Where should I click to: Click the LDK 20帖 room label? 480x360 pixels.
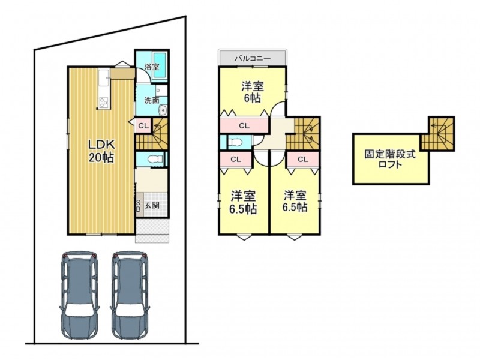(101, 151)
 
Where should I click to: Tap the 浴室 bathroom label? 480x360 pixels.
(152, 67)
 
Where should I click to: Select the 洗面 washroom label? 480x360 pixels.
(152, 100)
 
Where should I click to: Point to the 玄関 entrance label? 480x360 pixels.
(152, 205)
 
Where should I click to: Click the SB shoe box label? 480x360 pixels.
(138, 206)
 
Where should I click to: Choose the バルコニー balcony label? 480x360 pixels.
(253, 58)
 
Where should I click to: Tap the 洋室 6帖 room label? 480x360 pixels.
(253, 92)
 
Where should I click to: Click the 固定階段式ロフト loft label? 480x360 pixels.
(390, 159)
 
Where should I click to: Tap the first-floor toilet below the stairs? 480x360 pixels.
(153, 159)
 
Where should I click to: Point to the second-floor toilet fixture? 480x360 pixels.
(235, 142)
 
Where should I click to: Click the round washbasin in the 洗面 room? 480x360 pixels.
(163, 110)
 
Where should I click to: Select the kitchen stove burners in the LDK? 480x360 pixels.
(103, 103)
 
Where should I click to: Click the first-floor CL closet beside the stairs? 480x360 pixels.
(143, 125)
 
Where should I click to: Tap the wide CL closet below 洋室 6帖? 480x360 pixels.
(244, 125)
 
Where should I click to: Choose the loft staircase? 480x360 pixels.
(437, 133)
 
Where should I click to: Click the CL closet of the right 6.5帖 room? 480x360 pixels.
(303, 159)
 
